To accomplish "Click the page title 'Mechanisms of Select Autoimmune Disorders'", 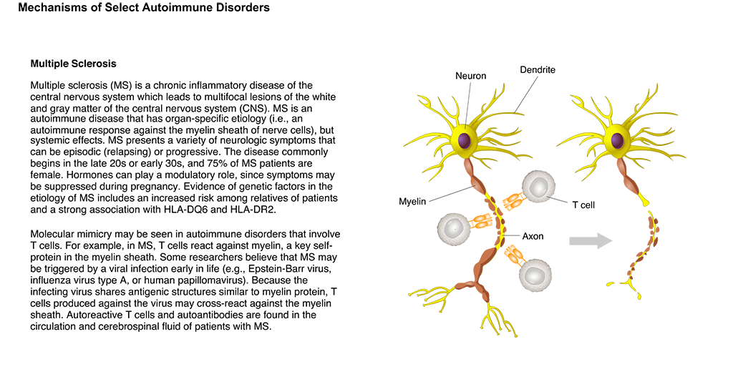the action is pos(144,8).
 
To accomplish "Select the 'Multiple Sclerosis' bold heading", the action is pos(74,64).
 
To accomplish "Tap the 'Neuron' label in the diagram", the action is pos(471,76).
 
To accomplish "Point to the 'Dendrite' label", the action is pos(538,69).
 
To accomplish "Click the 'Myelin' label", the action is pos(412,202).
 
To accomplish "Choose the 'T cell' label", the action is pos(583,205).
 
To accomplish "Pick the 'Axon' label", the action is pos(533,236).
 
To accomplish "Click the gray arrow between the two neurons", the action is pos(591,241).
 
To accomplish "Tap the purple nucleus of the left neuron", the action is pos(465,140).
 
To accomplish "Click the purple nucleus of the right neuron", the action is pos(617,140).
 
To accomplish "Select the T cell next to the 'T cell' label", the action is pos(538,187).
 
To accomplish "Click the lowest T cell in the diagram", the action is pos(535,275).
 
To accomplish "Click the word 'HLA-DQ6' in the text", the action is pos(186,210).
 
